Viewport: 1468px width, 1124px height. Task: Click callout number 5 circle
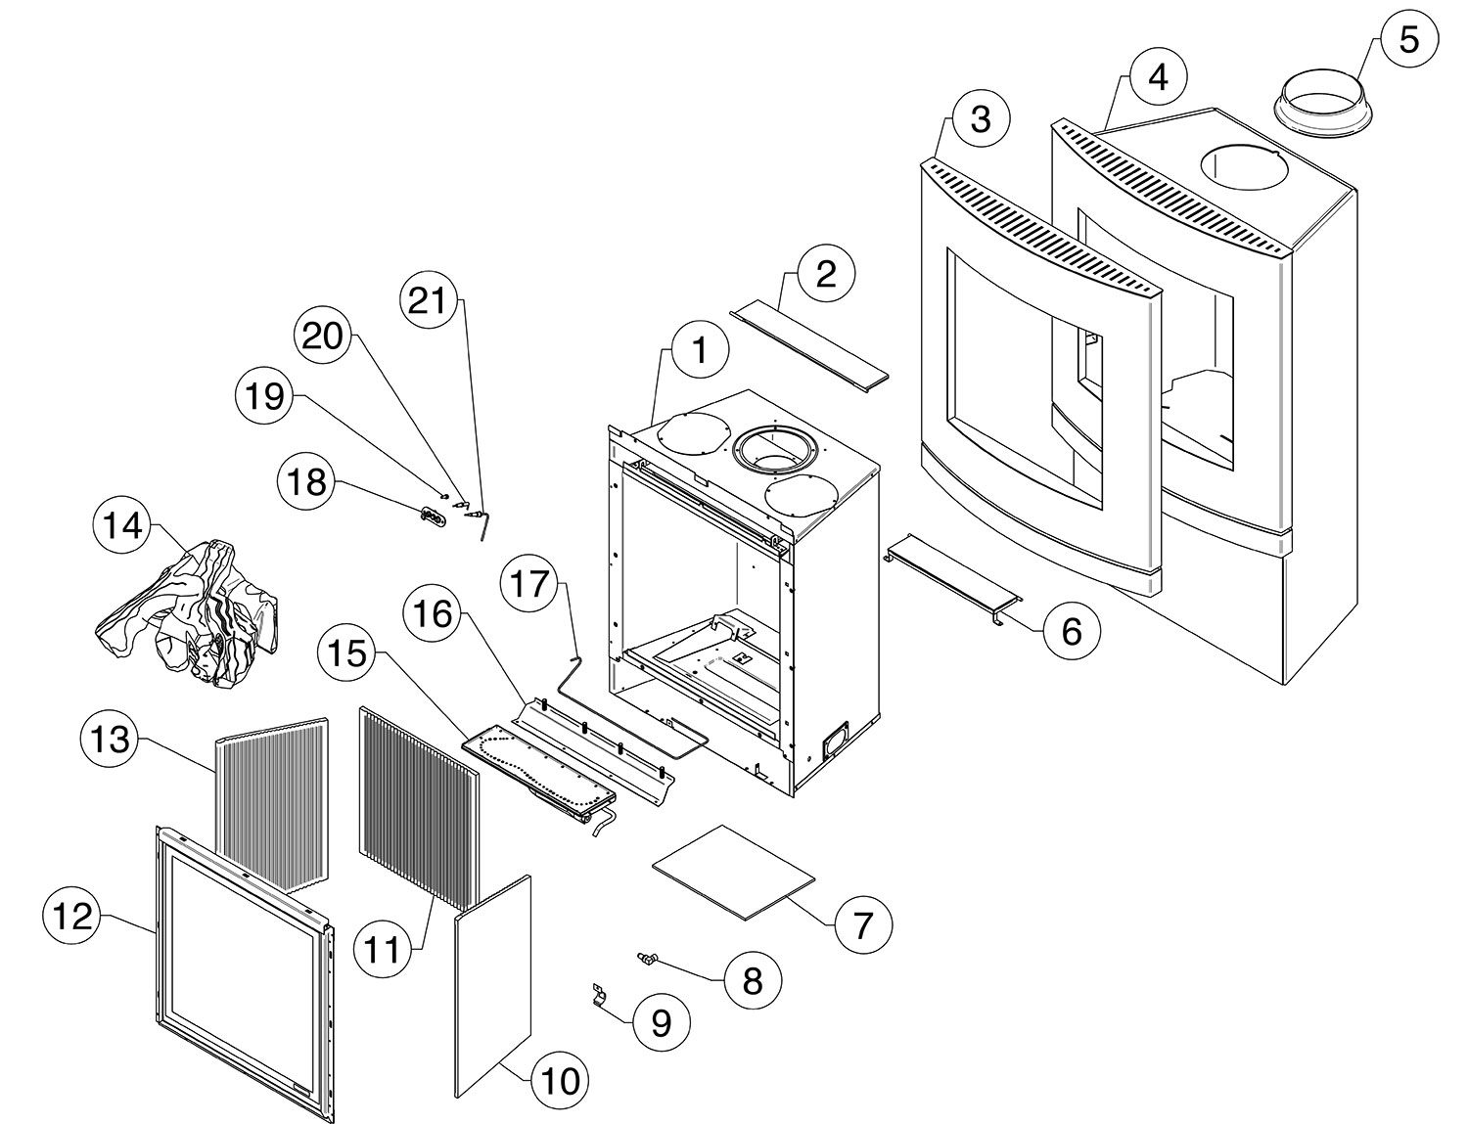tap(1407, 40)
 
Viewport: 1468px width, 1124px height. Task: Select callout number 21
tap(427, 301)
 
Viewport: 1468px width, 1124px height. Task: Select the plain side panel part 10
tap(493, 988)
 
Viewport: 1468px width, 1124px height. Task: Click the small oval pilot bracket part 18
tap(431, 517)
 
